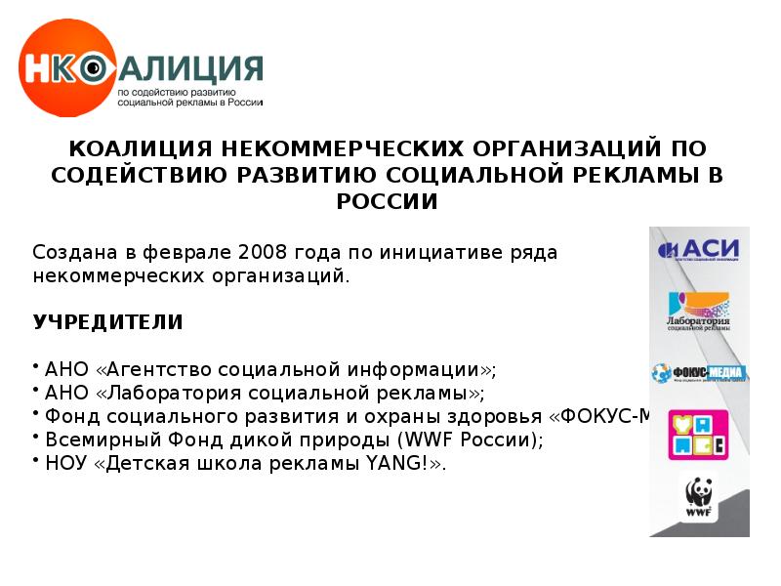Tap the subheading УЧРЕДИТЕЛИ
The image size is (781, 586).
point(107,321)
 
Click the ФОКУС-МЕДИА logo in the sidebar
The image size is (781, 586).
point(698,372)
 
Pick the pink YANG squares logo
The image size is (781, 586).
point(698,435)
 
